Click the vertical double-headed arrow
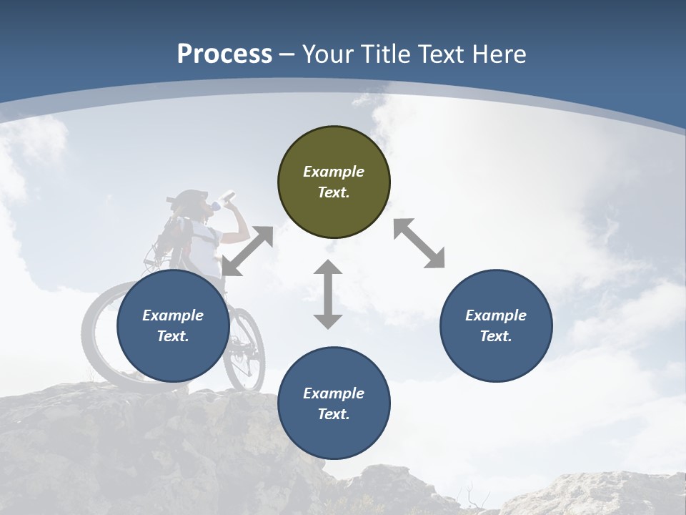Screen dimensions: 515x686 pos(328,295)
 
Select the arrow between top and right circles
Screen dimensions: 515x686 pos(419,243)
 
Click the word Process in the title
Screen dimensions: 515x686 pos(224,54)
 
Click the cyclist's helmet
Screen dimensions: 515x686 pos(189,198)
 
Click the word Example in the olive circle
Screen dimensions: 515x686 pos(334,172)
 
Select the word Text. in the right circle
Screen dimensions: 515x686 pos(496,336)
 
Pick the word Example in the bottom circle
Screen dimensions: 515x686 pos(334,393)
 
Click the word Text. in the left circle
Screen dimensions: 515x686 pos(173,336)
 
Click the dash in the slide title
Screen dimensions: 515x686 pos(287,54)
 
